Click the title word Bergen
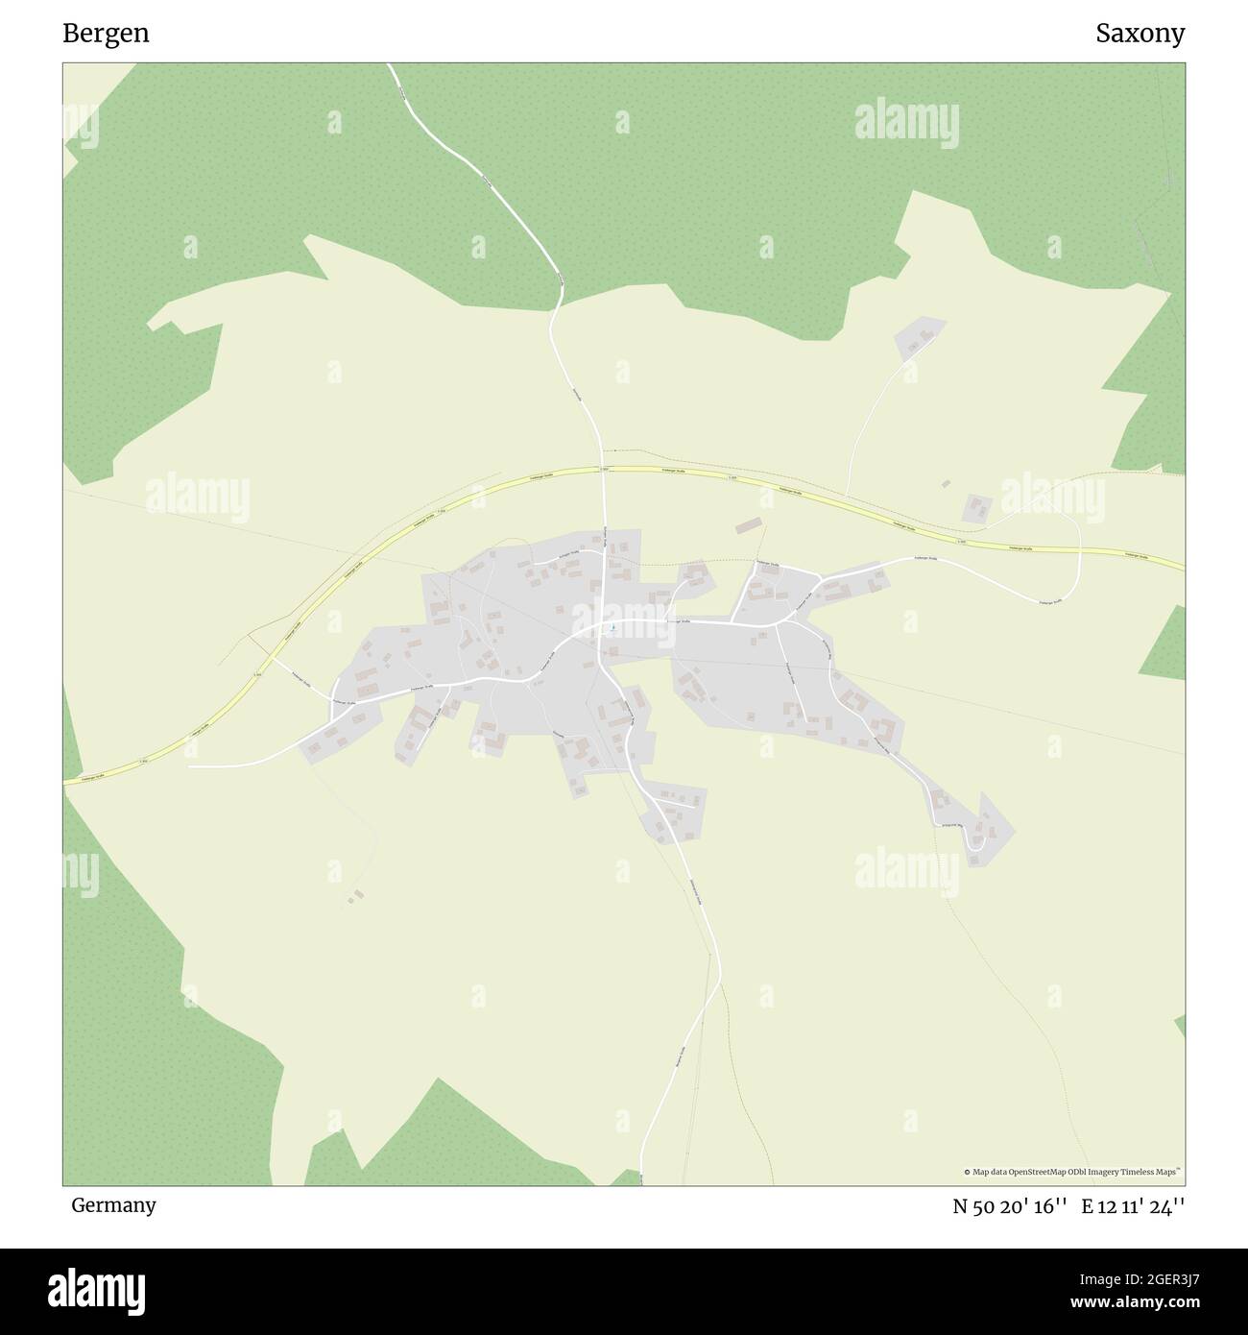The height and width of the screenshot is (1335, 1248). click(106, 34)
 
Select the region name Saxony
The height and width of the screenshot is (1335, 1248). click(1140, 34)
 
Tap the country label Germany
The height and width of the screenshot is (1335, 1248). click(113, 1204)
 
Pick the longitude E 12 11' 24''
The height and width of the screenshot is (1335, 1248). click(1133, 1206)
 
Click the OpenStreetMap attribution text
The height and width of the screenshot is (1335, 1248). click(1073, 1172)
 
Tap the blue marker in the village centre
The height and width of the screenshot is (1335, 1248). click(612, 628)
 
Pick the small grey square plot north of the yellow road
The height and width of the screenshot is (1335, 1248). click(977, 508)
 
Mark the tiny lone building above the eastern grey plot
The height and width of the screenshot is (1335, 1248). click(946, 484)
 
